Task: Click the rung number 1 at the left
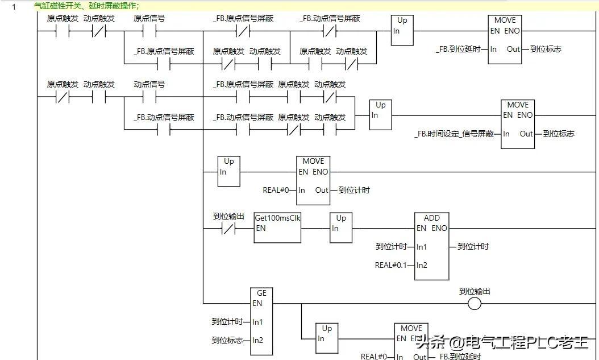pos(14,6)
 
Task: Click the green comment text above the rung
pos(87,6)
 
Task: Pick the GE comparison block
pos(261,321)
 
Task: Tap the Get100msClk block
pos(277,228)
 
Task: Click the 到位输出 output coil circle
pos(474,304)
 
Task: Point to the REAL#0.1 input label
pos(390,265)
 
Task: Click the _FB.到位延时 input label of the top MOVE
pos(458,49)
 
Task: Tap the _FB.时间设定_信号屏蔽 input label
pos(454,134)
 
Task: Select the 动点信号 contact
pos(149,97)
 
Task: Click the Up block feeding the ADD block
pos(341,228)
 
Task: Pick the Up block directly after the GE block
pos(327,338)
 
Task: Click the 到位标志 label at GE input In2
pos(227,341)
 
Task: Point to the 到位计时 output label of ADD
pos(473,246)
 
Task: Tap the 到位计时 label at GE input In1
pos(227,322)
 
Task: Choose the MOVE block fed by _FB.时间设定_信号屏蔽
pos(517,124)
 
